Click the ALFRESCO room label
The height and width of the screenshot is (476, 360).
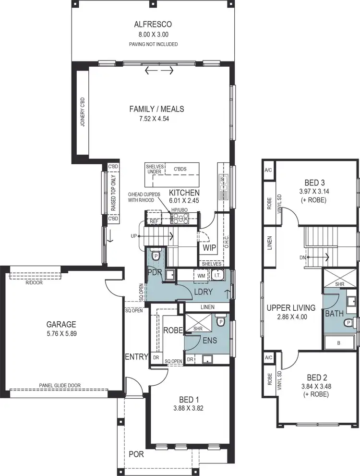point(153,24)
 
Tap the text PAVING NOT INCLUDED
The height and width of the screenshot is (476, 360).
point(153,44)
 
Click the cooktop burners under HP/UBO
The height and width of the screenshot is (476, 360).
point(180,219)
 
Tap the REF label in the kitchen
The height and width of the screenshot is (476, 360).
point(154,221)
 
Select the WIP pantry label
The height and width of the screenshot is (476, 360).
point(209,248)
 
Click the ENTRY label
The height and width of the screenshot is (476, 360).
point(136,356)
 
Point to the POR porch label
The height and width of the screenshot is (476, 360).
point(136,454)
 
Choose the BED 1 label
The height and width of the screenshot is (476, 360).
point(189,400)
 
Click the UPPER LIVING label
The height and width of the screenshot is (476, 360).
point(291,307)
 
